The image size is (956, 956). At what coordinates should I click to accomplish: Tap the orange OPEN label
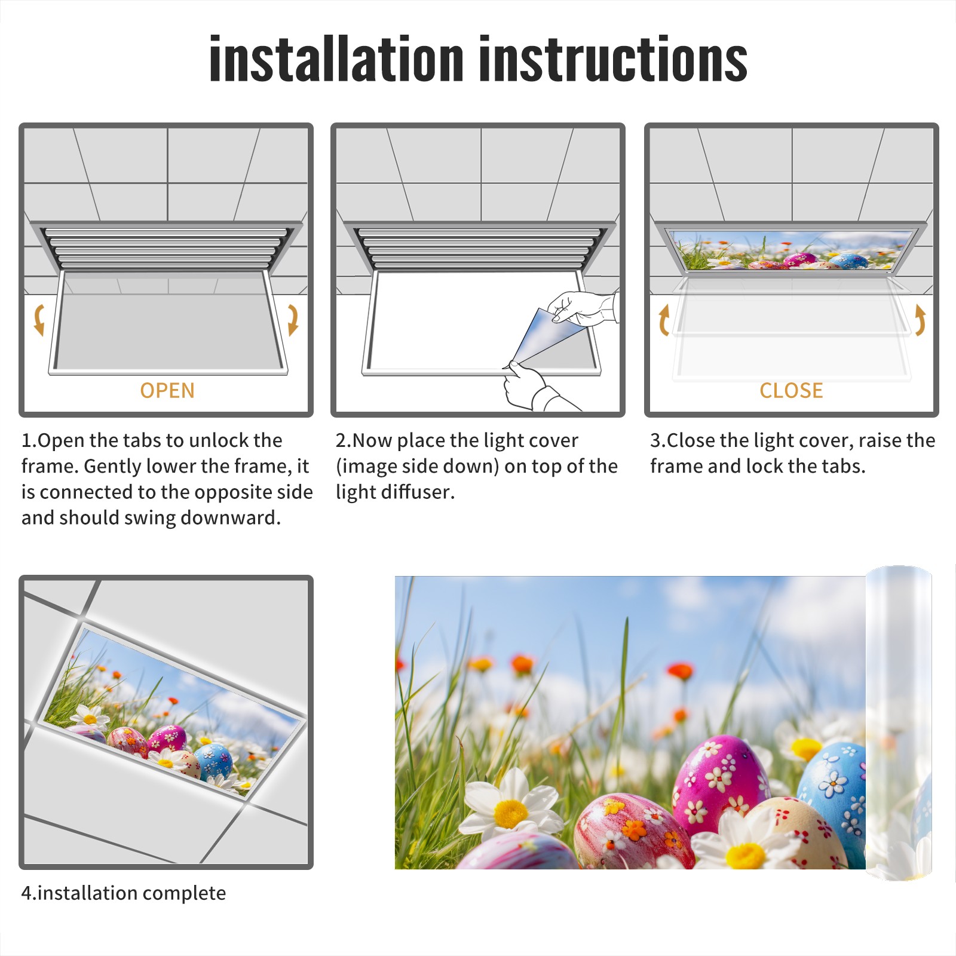coord(167,391)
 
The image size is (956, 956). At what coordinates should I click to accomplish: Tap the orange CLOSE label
coord(791,391)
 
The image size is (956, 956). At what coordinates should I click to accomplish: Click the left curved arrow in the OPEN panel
coord(39,320)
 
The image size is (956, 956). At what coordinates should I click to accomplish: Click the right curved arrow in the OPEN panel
coord(293,320)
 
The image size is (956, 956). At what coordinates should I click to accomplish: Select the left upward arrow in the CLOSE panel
coord(664,320)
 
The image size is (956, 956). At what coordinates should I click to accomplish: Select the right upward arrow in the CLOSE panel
coord(920,320)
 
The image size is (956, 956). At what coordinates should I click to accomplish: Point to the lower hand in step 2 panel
coord(535,387)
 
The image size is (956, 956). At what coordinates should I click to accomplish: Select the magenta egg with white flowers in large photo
coord(720,780)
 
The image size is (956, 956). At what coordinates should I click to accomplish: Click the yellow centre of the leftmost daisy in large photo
coord(511,813)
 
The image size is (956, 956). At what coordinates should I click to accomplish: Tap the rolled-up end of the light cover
coord(899,723)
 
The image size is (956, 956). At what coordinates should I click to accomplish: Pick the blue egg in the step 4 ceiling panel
coord(213,762)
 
